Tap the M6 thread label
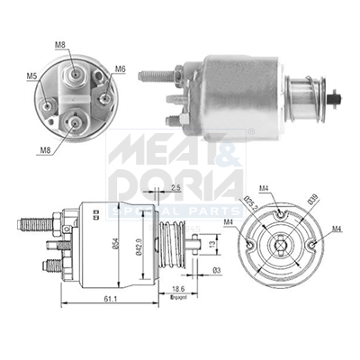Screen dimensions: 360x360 [x=120, y=69]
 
